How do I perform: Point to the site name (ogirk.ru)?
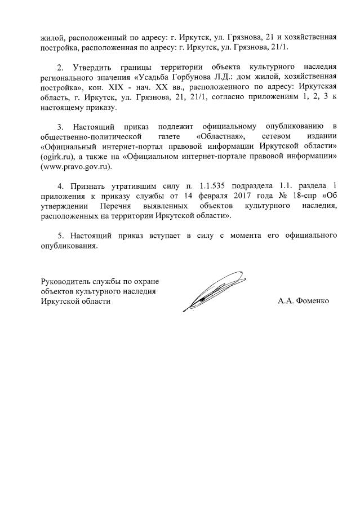pyautogui.click(x=59, y=157)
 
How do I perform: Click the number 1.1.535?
pyautogui.click(x=206, y=185)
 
